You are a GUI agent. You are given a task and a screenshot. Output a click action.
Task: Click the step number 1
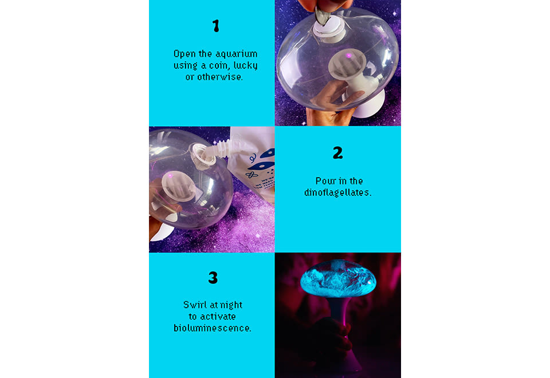pos(216,26)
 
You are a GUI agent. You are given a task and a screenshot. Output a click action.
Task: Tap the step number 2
pos(338,152)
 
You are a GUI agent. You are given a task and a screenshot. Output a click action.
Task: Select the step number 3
pos(213,278)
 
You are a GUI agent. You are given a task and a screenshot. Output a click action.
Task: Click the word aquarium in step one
pos(237,54)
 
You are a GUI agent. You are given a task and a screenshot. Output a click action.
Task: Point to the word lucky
pos(246,65)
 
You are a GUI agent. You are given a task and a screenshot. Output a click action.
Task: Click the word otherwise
pos(219,77)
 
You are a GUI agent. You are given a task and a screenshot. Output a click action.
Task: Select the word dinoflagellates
pos(338,192)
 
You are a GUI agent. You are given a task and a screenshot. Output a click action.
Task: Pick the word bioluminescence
pos(213,328)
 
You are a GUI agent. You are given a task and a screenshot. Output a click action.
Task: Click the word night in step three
pos(231,305)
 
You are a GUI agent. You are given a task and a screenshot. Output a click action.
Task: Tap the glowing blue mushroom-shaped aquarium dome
pos(338,279)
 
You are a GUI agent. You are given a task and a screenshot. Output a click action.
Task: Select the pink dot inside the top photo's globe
pos(349,56)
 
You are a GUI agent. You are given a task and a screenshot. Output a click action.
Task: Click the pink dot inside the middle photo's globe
pos(170,176)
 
